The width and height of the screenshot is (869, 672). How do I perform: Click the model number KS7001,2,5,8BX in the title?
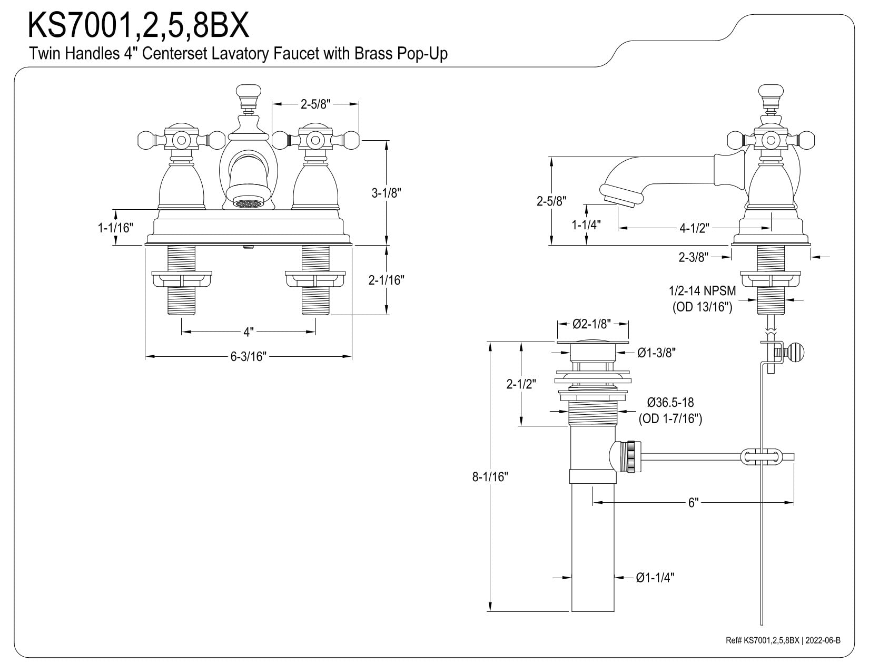139,25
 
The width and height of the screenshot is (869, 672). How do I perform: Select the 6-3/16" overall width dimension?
249,356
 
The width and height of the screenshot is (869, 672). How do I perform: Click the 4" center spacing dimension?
249,332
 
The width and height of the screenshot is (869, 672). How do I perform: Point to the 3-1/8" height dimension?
387,193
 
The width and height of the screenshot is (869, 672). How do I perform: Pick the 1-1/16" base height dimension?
115,228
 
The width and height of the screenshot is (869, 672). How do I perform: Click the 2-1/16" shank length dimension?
387,280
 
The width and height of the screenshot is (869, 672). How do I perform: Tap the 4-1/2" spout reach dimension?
694,228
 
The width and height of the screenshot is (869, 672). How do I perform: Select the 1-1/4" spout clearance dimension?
586,225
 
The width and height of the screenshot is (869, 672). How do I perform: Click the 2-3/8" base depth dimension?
693,257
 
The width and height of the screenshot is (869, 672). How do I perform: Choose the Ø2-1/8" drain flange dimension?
592,324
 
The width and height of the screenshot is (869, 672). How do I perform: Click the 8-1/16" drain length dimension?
490,476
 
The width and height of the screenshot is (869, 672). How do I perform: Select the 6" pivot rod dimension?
693,502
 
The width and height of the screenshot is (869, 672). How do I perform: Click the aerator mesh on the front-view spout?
249,203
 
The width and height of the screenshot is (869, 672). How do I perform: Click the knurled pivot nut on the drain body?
630,456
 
